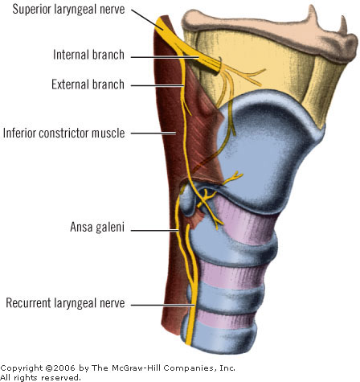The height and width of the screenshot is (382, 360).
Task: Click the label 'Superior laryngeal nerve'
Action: point(68,10)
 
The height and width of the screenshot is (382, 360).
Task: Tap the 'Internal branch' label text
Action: point(88,55)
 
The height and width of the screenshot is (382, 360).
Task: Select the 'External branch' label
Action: point(88,84)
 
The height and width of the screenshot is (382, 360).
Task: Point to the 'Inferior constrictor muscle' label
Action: point(64,133)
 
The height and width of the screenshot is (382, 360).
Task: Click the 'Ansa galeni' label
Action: point(97,227)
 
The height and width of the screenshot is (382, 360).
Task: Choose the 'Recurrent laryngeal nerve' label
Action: point(65,303)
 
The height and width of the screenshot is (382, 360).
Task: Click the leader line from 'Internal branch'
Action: point(165,57)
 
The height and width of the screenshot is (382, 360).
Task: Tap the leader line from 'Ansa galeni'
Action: point(154,230)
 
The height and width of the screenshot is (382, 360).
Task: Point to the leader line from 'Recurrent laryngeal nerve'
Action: point(162,305)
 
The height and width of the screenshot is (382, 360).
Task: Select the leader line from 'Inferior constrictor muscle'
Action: point(153,133)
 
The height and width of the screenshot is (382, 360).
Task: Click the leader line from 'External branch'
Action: point(157,86)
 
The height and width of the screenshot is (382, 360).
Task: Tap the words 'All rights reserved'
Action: point(40,378)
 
